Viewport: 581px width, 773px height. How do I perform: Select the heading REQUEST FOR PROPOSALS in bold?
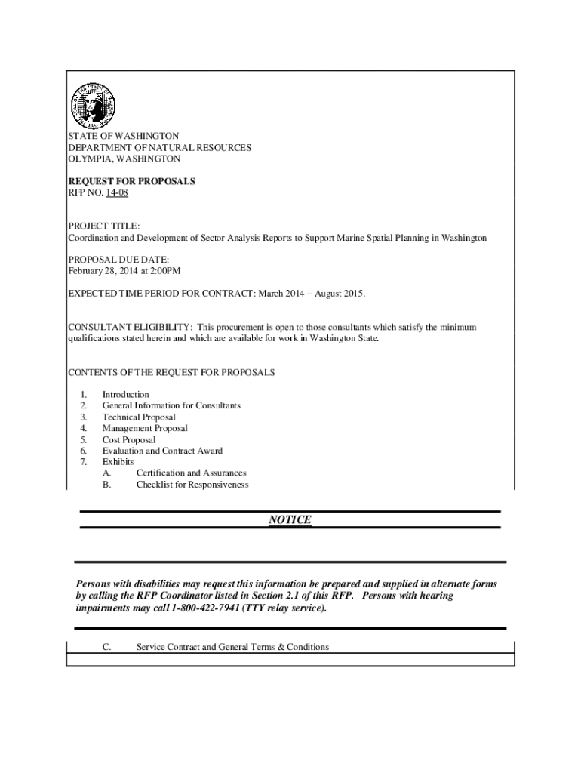[x=131, y=181]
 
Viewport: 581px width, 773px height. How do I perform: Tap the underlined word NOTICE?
[x=290, y=520]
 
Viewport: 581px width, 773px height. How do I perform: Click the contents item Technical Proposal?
[x=139, y=417]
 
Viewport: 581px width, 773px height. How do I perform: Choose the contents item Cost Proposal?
[x=129, y=439]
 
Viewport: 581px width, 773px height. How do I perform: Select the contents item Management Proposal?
[x=145, y=428]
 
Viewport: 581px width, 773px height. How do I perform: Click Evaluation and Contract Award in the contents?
[x=162, y=451]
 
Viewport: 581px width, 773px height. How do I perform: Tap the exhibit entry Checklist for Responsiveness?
[x=192, y=485]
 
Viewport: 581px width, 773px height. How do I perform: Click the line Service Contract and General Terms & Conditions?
[x=232, y=647]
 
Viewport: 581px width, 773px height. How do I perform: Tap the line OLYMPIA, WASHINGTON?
[x=124, y=159]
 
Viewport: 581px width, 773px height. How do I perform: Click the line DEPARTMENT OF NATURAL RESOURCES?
[x=160, y=148]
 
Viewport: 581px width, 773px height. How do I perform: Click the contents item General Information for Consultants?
[x=171, y=405]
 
